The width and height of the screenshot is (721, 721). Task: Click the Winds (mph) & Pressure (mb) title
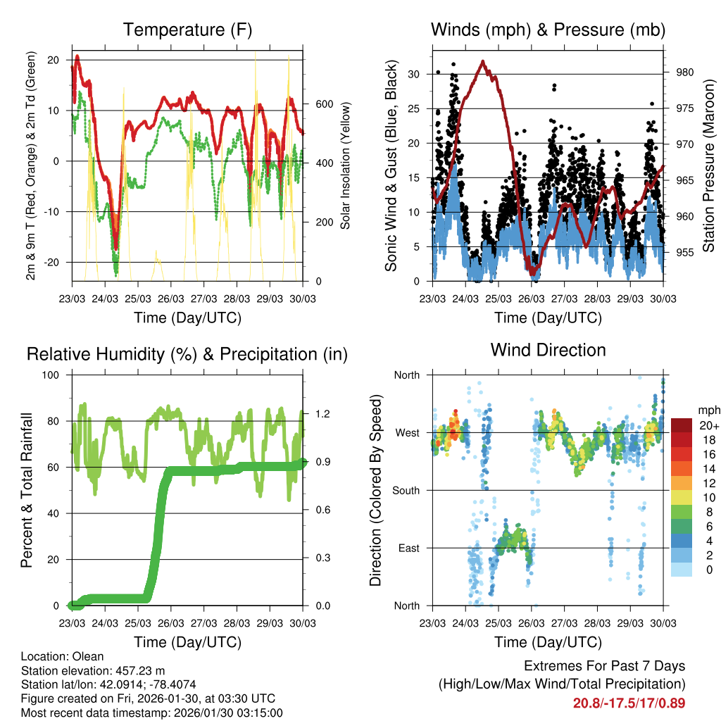(548, 30)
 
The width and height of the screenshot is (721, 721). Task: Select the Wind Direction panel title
(548, 349)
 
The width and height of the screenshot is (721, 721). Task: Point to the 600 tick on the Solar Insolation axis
(324, 104)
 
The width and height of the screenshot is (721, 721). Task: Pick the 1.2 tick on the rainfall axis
(322, 413)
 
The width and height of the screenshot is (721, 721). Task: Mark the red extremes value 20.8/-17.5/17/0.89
(629, 703)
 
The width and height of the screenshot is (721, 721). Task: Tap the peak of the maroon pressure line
(482, 61)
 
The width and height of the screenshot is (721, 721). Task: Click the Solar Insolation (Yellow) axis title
(346, 166)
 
